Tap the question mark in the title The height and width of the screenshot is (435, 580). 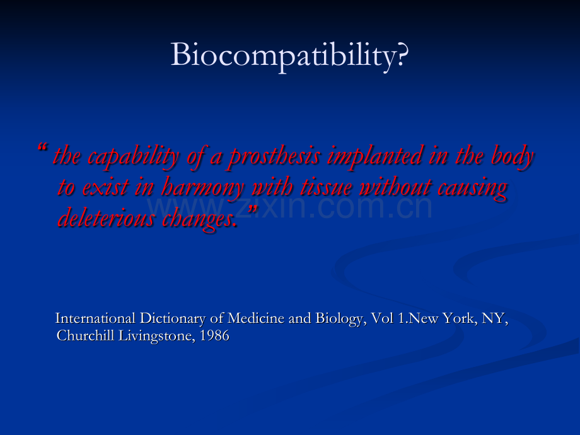click(x=402, y=54)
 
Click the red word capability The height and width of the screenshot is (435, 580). click(x=134, y=156)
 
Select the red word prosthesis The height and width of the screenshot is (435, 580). click(x=274, y=156)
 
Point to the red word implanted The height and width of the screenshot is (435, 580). click(x=375, y=156)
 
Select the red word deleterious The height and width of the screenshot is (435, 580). click(x=106, y=217)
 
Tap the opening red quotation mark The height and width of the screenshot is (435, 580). click(x=42, y=148)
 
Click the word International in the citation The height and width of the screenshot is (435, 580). click(x=95, y=318)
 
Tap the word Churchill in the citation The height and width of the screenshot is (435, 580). click(x=86, y=335)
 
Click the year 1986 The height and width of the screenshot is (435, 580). click(x=214, y=336)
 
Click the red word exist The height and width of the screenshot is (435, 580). click(x=105, y=187)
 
